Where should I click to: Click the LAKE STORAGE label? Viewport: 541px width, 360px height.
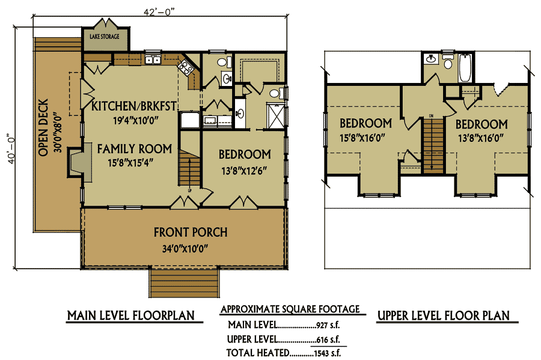(105, 36)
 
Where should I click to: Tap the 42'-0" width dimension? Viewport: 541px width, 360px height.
(159, 11)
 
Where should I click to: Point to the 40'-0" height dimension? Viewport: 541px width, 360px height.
(11, 148)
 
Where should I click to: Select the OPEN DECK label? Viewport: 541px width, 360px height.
(43, 127)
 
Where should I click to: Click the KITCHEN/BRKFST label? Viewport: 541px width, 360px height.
(134, 106)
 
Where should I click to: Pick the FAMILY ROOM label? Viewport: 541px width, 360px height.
(135, 149)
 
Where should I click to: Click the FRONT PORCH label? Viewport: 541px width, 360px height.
(191, 232)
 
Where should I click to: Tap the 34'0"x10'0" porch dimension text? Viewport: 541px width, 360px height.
(185, 248)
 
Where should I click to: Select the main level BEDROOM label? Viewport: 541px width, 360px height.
(245, 154)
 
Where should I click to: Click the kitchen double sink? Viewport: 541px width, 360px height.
(153, 59)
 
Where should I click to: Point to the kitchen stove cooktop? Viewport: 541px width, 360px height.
(186, 67)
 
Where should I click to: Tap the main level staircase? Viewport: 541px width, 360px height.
(189, 168)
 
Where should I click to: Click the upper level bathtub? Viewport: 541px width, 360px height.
(465, 67)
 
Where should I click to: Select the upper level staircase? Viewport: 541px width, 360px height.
(433, 145)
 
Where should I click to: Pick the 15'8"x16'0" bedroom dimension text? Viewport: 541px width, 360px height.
(362, 138)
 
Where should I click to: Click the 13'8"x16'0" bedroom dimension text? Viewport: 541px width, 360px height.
(481, 138)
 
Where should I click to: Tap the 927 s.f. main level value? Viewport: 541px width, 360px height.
(328, 325)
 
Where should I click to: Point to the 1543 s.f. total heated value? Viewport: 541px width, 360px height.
(328, 353)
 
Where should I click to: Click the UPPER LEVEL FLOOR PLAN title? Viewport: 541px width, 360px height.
(444, 316)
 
